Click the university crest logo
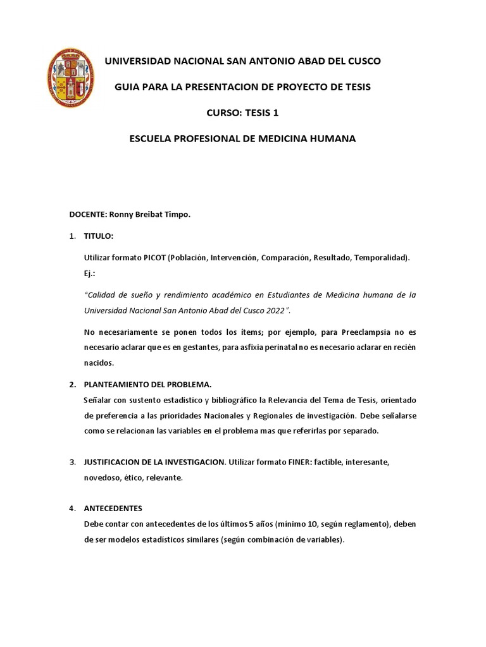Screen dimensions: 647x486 click(x=71, y=76)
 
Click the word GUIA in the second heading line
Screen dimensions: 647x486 click(x=126, y=87)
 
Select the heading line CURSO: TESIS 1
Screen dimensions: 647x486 click(x=242, y=112)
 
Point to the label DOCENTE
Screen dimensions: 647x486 click(x=87, y=214)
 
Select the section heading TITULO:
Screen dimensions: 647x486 click(x=98, y=236)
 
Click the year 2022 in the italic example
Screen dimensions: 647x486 click(x=275, y=310)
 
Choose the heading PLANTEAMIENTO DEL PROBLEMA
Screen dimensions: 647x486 click(x=148, y=384)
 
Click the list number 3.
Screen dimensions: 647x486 click(x=72, y=462)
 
